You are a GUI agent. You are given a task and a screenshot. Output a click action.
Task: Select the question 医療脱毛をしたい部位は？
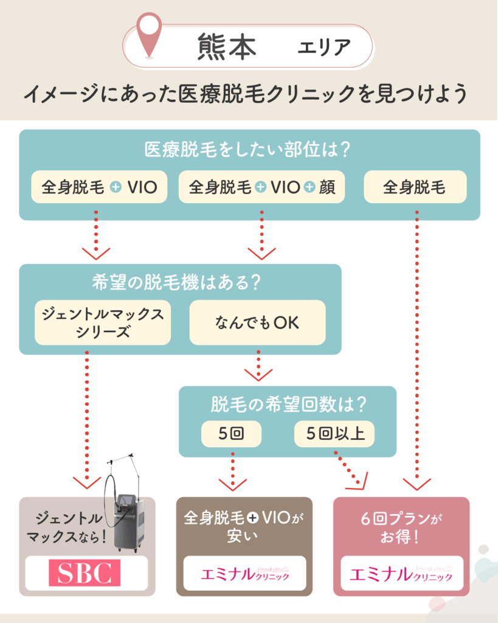pos(249,150)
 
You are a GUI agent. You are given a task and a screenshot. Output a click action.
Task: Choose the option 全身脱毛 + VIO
pos(99,187)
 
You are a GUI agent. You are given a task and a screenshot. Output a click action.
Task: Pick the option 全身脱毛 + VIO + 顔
pos(261,187)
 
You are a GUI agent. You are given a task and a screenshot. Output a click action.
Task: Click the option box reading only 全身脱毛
pos(415,187)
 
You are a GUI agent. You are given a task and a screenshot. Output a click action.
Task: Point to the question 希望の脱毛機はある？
pos(180,283)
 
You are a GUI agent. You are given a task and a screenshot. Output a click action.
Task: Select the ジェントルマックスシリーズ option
pos(102,322)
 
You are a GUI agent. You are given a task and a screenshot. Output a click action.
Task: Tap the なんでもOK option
pos(257,322)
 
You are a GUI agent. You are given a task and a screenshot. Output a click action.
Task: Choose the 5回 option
pos(231,434)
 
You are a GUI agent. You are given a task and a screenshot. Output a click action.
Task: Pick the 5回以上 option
pos(334,434)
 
